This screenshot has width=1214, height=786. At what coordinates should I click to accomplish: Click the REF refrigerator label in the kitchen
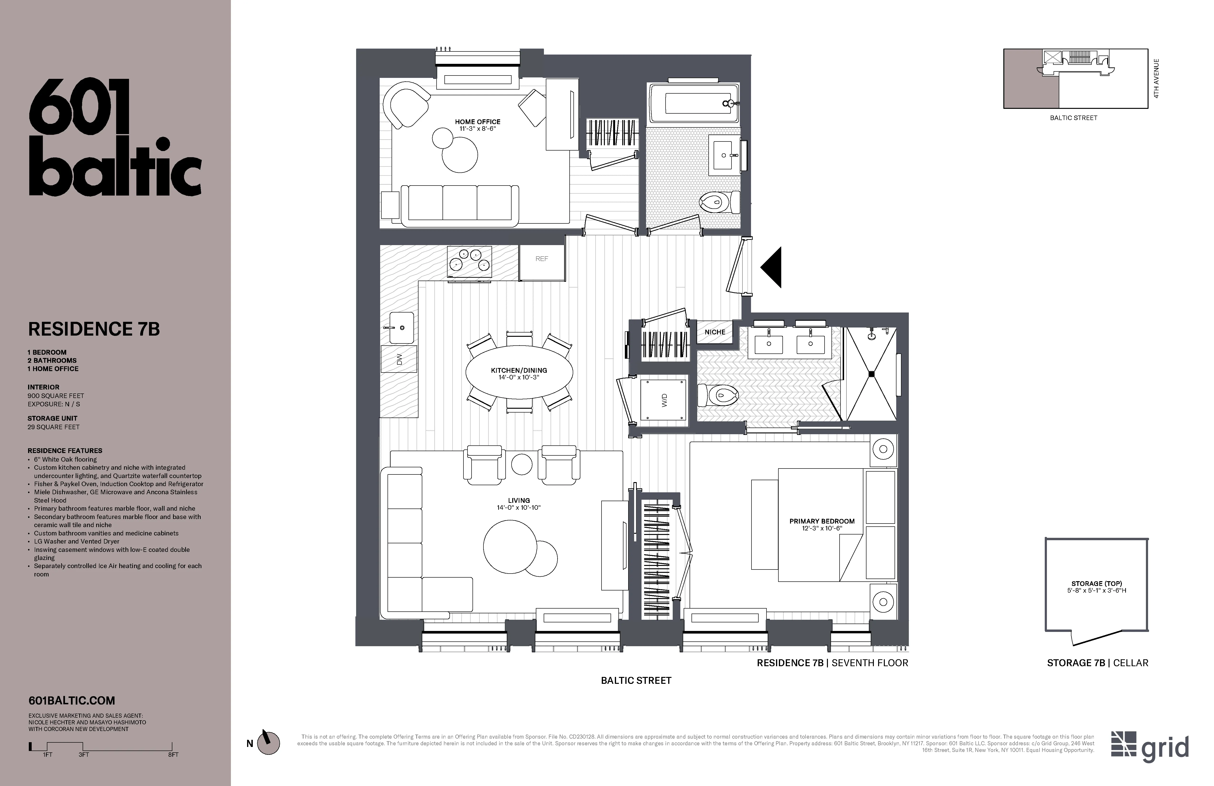click(542, 259)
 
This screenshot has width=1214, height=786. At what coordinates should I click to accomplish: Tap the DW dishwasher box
click(399, 359)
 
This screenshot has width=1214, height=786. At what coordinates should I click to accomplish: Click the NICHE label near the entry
click(715, 332)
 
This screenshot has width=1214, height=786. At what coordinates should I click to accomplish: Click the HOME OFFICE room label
click(478, 122)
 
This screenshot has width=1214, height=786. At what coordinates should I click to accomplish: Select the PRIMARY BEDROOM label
click(822, 521)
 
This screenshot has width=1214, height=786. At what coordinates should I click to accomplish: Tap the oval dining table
click(519, 374)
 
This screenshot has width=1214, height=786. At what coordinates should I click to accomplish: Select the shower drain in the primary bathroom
click(871, 374)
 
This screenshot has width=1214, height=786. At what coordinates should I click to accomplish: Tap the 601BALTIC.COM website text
click(71, 701)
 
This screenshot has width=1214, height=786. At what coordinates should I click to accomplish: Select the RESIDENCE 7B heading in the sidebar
click(94, 329)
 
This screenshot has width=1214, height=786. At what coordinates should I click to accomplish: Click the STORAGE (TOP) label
click(1096, 583)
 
